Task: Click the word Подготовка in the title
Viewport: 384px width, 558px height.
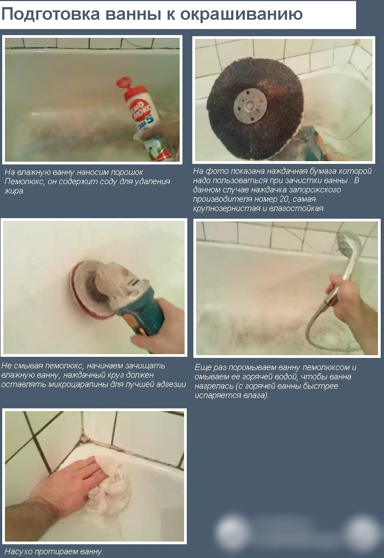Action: tap(51, 14)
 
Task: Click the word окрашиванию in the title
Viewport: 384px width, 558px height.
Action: tap(242, 15)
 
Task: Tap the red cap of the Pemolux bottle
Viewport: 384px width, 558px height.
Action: tap(127, 86)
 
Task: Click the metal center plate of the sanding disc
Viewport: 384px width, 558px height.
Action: tap(250, 106)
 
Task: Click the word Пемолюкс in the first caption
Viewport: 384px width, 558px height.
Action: tap(24, 182)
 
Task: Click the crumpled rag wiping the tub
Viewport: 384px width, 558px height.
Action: tap(108, 486)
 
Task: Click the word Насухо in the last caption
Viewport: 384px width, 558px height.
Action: tap(19, 552)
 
